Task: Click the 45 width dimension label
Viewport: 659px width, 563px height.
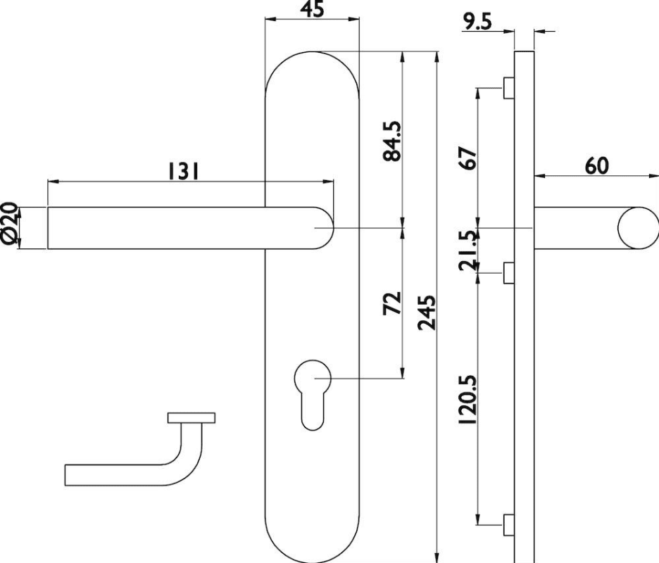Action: point(313,9)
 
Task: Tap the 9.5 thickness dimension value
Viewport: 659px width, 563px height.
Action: point(477,21)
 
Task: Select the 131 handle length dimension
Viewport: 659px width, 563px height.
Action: point(183,171)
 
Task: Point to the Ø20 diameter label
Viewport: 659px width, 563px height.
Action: point(10,224)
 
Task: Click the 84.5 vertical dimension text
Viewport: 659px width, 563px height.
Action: point(392,142)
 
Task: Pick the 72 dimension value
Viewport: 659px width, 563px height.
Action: point(392,303)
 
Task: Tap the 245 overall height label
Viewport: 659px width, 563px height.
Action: point(427,312)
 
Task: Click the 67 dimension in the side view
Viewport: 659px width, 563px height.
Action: point(468,158)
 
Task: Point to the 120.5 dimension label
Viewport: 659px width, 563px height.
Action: point(468,399)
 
